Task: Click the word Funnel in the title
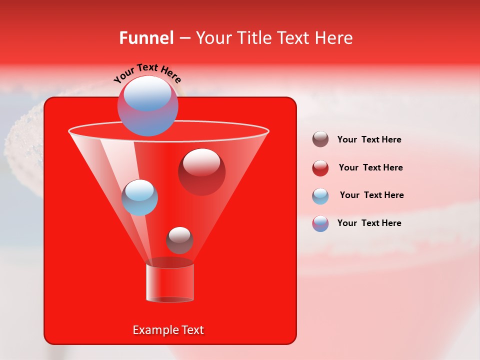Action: [x=146, y=38]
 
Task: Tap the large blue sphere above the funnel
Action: [x=147, y=106]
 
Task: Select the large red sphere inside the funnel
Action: [x=202, y=172]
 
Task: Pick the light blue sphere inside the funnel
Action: [x=139, y=197]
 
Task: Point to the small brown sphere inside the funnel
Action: [x=179, y=240]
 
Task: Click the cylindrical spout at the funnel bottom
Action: [x=170, y=282]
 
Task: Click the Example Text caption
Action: [x=168, y=330]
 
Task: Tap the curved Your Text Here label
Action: [x=147, y=73]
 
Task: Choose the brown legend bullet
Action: [x=320, y=139]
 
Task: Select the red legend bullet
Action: [x=320, y=167]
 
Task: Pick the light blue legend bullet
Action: [x=320, y=195]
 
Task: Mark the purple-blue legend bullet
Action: [x=320, y=223]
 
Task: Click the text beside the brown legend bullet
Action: [x=369, y=139]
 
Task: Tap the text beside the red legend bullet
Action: [x=370, y=167]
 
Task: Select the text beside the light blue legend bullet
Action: [x=371, y=195]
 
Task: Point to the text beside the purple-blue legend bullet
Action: [x=369, y=223]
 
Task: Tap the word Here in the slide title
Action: [x=334, y=38]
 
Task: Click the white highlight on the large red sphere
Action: [x=201, y=161]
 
